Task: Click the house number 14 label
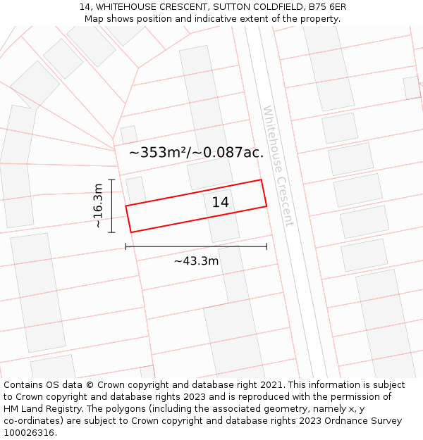[221, 202]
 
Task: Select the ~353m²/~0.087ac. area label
[196, 152]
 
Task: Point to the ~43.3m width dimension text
[196, 261]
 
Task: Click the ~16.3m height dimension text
[98, 206]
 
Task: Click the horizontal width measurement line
[196, 246]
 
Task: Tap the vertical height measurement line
[111, 206]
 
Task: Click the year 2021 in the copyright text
[271, 385]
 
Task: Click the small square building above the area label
[128, 134]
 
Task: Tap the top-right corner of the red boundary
[262, 180]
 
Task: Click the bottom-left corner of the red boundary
[131, 232]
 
